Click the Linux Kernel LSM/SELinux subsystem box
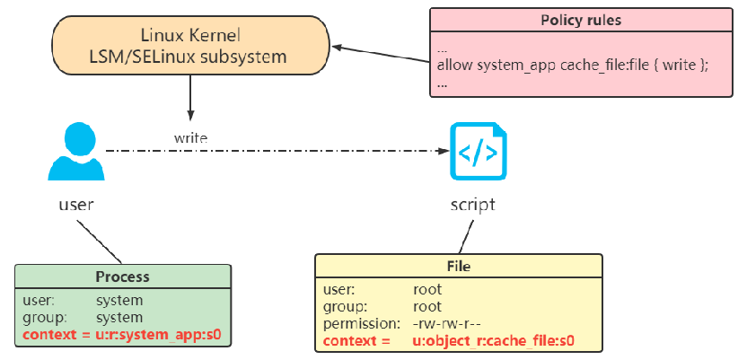[189, 46]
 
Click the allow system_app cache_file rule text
[572, 66]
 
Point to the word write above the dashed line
[190, 138]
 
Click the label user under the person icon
[75, 205]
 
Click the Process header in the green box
[122, 277]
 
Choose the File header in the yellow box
[458, 266]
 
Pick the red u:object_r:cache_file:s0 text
[493, 340]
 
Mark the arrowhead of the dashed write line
[443, 152]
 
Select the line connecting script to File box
[462, 236]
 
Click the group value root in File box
[427, 305]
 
